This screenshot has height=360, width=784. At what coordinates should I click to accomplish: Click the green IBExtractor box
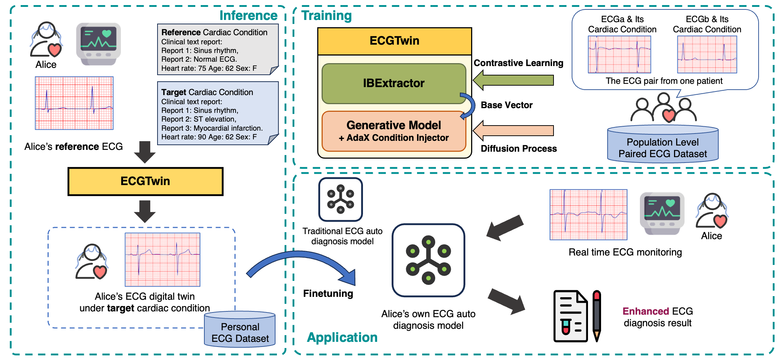(x=393, y=83)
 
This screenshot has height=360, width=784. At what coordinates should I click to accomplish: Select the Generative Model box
(x=393, y=131)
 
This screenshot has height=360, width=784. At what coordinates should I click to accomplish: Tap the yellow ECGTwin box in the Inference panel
(x=145, y=181)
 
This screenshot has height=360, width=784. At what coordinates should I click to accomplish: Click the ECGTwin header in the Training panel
(x=394, y=41)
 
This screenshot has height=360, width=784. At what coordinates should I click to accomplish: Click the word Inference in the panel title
(x=248, y=16)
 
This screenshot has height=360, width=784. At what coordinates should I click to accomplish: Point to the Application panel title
(x=342, y=337)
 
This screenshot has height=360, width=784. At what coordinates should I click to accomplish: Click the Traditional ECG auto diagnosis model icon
(x=340, y=200)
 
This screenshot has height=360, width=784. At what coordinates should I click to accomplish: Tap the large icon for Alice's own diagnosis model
(x=428, y=260)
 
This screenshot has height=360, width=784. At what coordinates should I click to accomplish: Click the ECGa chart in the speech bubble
(x=619, y=55)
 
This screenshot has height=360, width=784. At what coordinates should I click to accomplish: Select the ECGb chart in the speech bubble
(x=707, y=55)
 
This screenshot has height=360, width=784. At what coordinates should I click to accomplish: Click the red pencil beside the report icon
(x=597, y=316)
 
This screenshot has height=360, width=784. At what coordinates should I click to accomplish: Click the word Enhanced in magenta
(x=645, y=311)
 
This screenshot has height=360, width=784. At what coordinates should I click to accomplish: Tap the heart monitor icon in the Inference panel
(x=98, y=44)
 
